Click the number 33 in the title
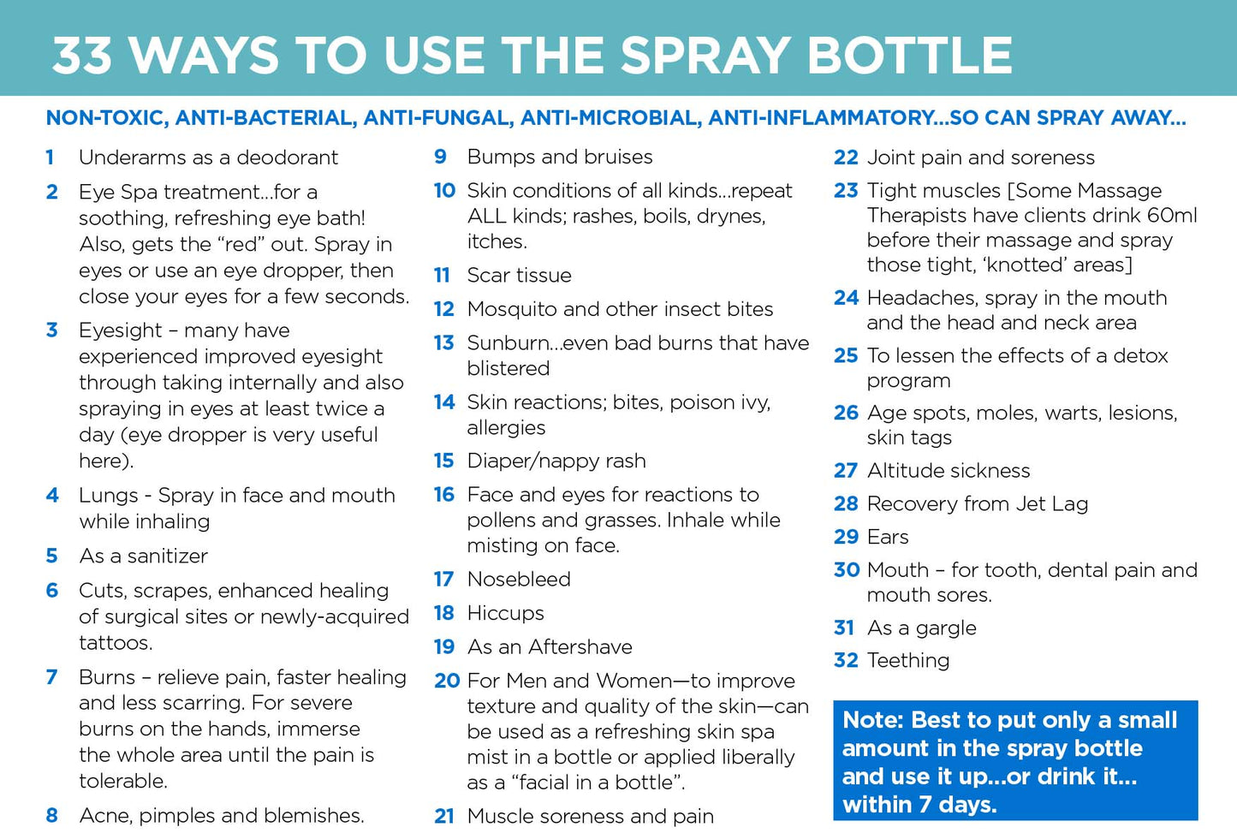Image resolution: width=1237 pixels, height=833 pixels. [83, 56]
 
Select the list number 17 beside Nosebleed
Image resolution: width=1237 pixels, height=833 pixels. [443, 580]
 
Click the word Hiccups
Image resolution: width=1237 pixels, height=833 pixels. [505, 614]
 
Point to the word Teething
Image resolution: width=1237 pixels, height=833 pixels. [908, 660]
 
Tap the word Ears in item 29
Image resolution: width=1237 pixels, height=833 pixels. [888, 537]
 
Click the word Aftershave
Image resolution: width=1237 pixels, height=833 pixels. [580, 647]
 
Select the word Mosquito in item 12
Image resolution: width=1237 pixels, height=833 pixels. [512, 309]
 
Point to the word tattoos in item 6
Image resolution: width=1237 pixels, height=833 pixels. [114, 643]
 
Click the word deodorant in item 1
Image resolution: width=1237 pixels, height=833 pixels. [288, 158]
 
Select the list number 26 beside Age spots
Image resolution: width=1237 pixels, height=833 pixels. [846, 414]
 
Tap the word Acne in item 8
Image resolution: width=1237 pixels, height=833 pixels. [104, 816]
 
